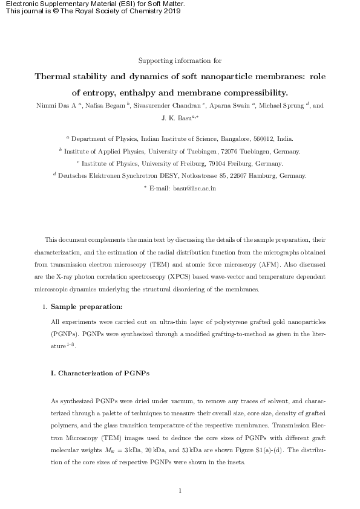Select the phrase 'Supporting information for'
click(180, 60)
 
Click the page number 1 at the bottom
click(180, 490)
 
